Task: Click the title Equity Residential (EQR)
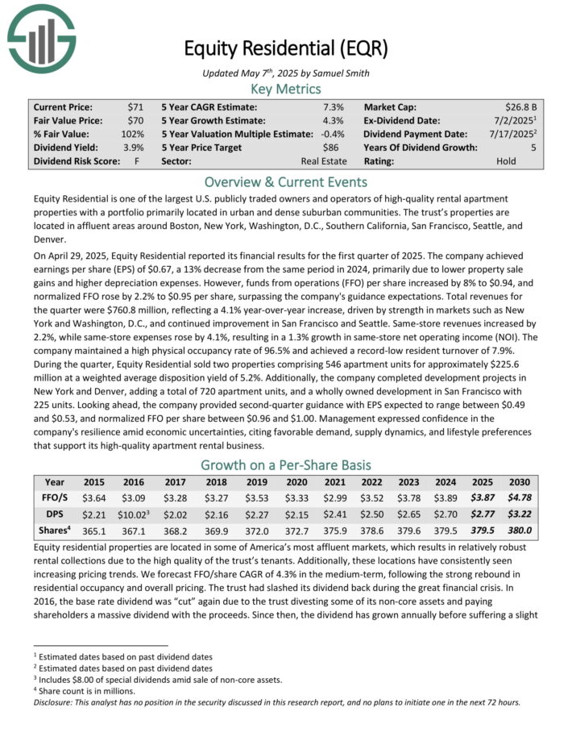(x=286, y=48)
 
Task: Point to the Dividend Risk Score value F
(x=140, y=161)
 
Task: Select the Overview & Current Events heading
(x=286, y=181)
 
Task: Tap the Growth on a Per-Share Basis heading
(x=286, y=464)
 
